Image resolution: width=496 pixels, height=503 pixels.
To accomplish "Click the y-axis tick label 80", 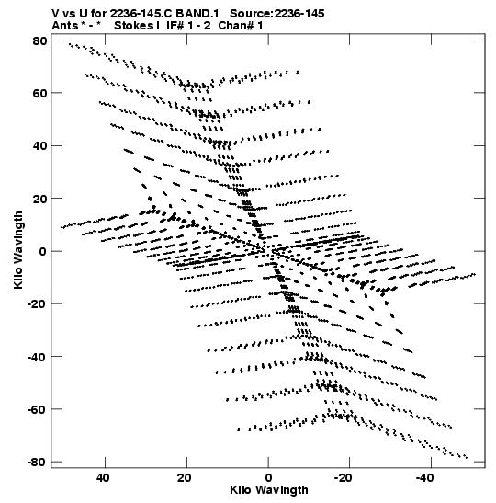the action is [x=39, y=40].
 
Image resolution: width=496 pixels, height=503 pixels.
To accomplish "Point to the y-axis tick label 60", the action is [x=39, y=93].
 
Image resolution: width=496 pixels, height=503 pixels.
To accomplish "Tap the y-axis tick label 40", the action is [x=39, y=145].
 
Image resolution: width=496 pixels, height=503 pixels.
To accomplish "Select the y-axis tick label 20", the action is [x=39, y=199].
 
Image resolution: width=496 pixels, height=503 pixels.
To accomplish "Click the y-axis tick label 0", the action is [x=43, y=251].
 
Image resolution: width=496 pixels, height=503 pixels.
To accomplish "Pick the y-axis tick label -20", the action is [x=37, y=303].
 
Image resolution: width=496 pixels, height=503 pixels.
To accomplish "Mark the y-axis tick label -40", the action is [x=37, y=357].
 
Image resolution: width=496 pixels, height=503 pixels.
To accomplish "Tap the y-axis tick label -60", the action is [x=37, y=409].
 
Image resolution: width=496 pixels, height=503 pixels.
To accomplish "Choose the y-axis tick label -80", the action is [x=37, y=462].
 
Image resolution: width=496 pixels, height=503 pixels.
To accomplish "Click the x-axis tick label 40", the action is [x=103, y=478].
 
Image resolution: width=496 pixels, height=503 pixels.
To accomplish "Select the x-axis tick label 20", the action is [x=185, y=478].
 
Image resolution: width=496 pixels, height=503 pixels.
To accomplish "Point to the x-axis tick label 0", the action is [x=268, y=478].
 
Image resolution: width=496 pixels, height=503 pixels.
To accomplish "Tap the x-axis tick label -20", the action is [x=344, y=478].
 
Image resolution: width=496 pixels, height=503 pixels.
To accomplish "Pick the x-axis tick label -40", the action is [x=424, y=478].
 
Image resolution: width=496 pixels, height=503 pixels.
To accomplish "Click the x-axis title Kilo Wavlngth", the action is [x=269, y=490].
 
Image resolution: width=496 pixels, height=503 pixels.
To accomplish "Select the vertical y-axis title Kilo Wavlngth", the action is [x=18, y=250].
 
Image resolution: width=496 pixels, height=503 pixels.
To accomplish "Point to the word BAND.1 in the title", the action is [x=197, y=14].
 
